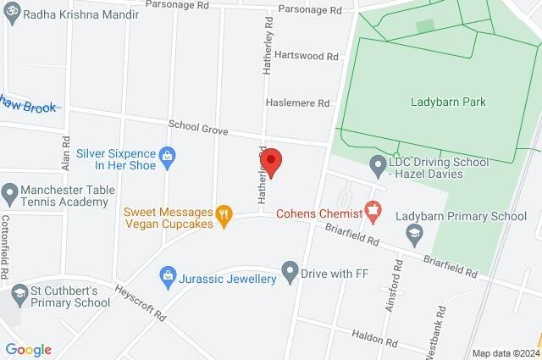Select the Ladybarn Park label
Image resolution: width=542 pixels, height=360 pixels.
[446, 102]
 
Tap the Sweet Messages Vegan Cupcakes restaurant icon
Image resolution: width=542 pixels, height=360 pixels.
[224, 216]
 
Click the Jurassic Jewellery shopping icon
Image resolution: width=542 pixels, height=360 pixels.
[168, 275]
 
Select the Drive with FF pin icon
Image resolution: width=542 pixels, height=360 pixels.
[290, 273]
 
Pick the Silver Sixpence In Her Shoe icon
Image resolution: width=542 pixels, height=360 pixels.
[168, 155]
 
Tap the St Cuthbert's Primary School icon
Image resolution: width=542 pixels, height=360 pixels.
[19, 295]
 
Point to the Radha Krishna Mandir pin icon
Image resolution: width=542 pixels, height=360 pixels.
[10, 15]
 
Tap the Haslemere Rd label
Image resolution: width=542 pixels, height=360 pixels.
[296, 103]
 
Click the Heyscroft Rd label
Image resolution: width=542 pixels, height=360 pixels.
[141, 302]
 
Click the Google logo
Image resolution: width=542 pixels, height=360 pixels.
[28, 349]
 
